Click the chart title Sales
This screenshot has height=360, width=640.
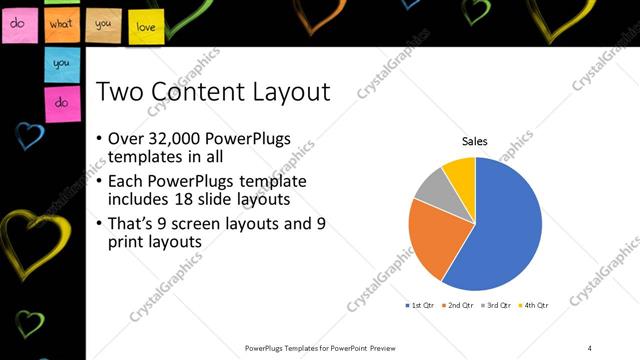474,142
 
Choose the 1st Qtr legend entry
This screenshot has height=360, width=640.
420,304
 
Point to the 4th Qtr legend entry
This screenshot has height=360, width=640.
535,304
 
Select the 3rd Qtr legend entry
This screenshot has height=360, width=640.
498,304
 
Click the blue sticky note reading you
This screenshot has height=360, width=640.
61,63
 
